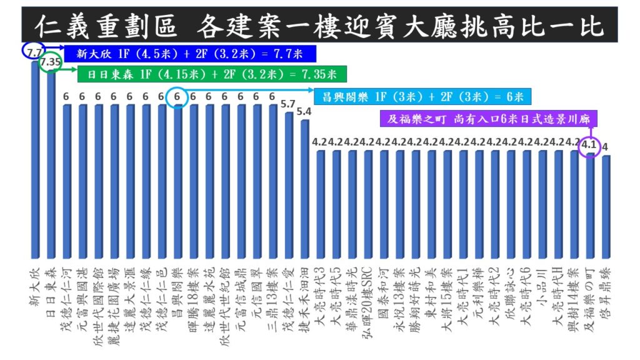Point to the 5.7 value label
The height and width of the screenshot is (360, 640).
(288, 104)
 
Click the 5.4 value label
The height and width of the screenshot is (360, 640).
(304, 112)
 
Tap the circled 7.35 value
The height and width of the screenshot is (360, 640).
(50, 62)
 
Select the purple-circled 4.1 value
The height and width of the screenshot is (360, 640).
(589, 146)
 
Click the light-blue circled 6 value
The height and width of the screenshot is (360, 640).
(177, 97)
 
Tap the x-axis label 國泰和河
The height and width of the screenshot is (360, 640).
(384, 294)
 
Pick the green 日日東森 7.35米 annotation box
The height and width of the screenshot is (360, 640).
(207, 74)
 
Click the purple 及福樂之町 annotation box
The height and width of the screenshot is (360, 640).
(489, 118)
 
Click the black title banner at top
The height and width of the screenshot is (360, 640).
(319, 24)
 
